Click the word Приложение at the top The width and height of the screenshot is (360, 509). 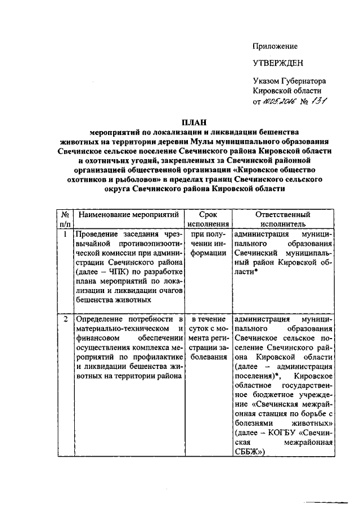pos(275,47)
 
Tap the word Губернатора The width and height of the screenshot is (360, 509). pos(306,82)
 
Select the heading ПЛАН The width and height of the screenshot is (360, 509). pos(193,121)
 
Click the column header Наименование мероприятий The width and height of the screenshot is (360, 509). pos(129,215)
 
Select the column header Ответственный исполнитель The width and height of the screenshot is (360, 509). pos(282,219)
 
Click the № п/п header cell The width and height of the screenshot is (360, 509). pos(65,219)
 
